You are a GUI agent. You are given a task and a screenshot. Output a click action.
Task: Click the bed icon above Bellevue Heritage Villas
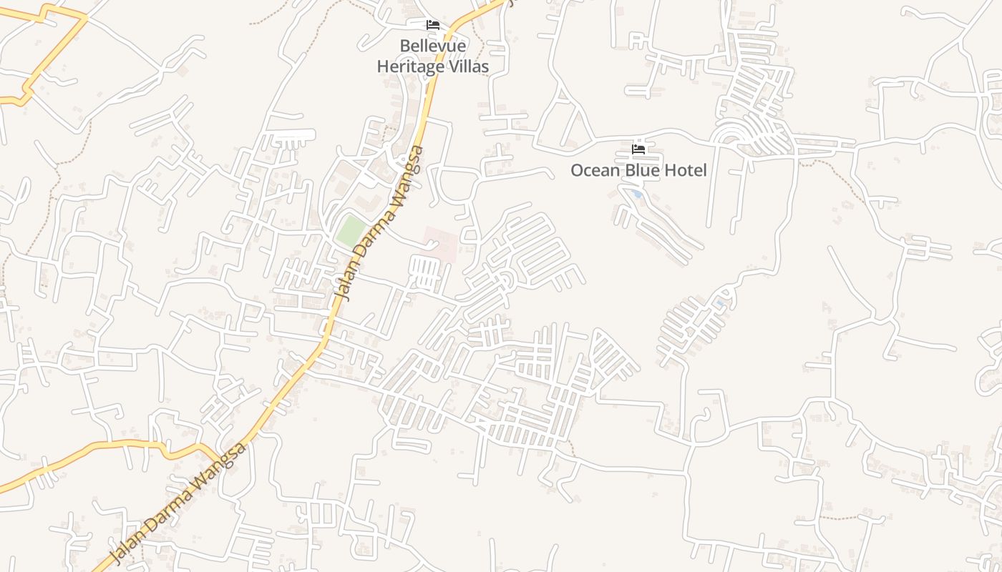pos(433,25)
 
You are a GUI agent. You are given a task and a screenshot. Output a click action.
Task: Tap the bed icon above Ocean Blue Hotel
pos(638,149)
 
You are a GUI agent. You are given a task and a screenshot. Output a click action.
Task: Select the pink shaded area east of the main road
pos(439,244)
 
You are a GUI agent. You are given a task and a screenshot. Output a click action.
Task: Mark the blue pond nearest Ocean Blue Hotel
pos(637,194)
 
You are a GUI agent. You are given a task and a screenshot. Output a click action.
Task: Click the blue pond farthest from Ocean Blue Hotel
pos(719,303)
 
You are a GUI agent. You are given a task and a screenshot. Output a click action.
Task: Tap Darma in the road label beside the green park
pos(373,233)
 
